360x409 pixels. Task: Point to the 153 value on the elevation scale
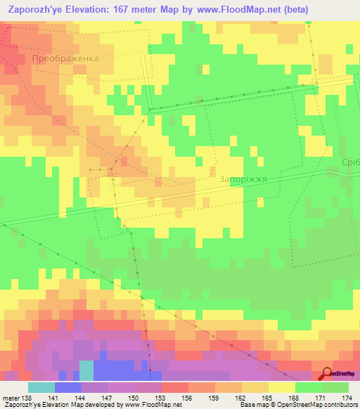tap(162, 398)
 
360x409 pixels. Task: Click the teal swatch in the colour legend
tap(41, 387)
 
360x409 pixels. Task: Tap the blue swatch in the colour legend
tap(68, 387)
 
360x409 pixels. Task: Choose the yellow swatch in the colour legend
tap(282, 387)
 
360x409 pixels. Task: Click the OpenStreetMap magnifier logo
tap(326, 373)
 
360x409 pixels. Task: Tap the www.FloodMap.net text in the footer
tap(150, 405)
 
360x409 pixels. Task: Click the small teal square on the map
tap(86, 370)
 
